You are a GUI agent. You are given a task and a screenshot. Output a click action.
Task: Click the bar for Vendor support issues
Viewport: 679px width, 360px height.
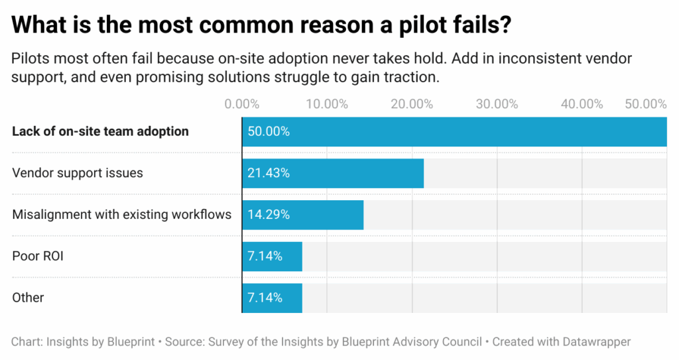[x=332, y=173]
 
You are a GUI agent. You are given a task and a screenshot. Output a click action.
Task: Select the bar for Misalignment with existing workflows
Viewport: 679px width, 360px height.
[x=302, y=215]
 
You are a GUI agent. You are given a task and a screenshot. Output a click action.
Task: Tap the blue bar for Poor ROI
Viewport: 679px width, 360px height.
[x=272, y=256]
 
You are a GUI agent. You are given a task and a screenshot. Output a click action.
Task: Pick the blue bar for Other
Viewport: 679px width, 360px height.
[x=272, y=298]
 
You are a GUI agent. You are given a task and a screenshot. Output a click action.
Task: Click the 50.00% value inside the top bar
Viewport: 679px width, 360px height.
[x=269, y=131]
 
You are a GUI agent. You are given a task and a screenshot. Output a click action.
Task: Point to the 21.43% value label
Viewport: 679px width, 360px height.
[x=269, y=173]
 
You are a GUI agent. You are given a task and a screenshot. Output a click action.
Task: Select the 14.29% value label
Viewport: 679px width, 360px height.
[x=269, y=215]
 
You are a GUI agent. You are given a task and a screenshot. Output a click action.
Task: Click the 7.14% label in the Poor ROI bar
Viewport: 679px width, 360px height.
[x=265, y=256]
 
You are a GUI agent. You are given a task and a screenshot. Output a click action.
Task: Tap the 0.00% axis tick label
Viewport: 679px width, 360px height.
[x=242, y=104]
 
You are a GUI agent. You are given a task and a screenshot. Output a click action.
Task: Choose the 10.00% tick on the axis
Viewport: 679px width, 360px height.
[x=327, y=104]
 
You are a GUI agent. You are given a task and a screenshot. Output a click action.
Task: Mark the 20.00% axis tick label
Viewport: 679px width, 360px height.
[x=412, y=104]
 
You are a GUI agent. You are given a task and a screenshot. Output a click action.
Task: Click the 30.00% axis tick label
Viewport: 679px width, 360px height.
[x=497, y=104]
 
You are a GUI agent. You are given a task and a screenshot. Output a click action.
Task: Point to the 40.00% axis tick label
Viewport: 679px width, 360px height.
[x=582, y=104]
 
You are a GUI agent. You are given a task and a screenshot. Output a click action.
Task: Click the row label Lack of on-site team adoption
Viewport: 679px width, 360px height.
[x=100, y=131]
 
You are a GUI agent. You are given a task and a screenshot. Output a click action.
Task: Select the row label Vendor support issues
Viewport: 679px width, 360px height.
[x=78, y=173]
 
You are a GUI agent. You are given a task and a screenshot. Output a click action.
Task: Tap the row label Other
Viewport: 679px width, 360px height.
[x=28, y=298]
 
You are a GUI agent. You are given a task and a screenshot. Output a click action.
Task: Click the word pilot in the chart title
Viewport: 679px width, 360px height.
[x=410, y=26]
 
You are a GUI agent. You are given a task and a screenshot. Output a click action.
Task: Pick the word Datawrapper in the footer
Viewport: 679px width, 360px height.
[x=595, y=342]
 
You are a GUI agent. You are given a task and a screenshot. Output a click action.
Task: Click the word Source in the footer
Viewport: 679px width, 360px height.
[x=184, y=342]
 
